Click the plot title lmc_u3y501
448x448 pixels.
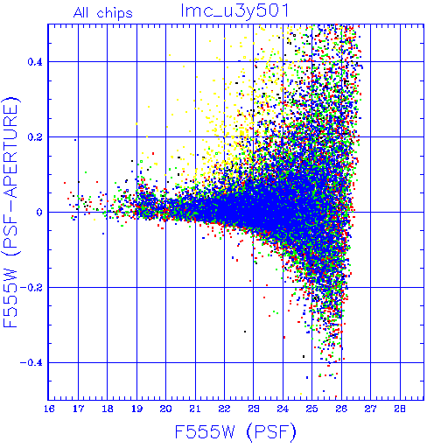click(x=234, y=11)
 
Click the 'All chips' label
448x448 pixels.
click(x=103, y=13)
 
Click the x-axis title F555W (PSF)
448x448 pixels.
click(x=235, y=432)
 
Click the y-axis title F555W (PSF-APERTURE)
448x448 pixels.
click(x=10, y=212)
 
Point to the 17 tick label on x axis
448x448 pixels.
click(x=78, y=409)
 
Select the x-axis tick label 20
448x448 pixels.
click(x=165, y=409)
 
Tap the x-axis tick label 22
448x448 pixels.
click(x=224, y=409)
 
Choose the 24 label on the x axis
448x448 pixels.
click(x=283, y=409)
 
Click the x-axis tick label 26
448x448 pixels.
click(x=341, y=409)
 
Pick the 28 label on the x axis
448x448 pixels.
click(x=400, y=409)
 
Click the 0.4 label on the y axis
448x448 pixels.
click(x=35, y=62)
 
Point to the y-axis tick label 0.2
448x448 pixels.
click(x=35, y=137)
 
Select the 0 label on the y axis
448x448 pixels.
click(x=39, y=213)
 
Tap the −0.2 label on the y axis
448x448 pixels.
click(x=31, y=288)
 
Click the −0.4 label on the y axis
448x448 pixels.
click(x=31, y=363)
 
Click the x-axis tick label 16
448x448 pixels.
click(x=49, y=409)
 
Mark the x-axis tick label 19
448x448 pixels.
click(x=136, y=409)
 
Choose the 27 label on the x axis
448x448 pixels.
click(x=370, y=409)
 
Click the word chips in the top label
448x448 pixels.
click(x=115, y=14)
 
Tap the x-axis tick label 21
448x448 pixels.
click(x=195, y=409)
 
